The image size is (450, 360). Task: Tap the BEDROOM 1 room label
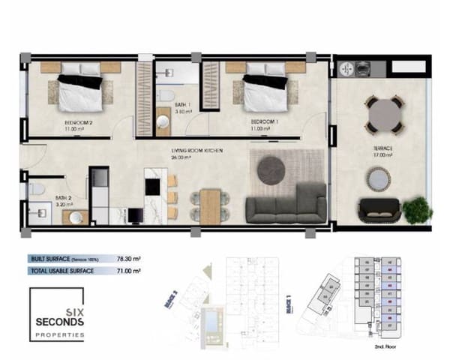coord(265,121)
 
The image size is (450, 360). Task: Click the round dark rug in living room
coord(271,170)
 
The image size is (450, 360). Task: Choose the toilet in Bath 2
coord(35,190)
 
